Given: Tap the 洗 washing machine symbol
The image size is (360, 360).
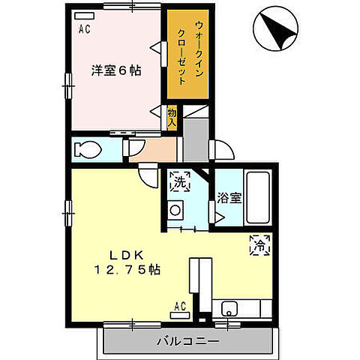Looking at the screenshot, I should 180,181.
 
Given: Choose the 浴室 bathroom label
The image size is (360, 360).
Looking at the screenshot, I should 229,199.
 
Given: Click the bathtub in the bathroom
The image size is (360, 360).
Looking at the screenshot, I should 259,197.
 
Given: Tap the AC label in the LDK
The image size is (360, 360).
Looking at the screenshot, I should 180,305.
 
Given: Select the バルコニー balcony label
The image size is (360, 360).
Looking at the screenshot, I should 187,341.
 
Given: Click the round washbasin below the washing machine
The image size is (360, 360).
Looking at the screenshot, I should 176,210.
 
